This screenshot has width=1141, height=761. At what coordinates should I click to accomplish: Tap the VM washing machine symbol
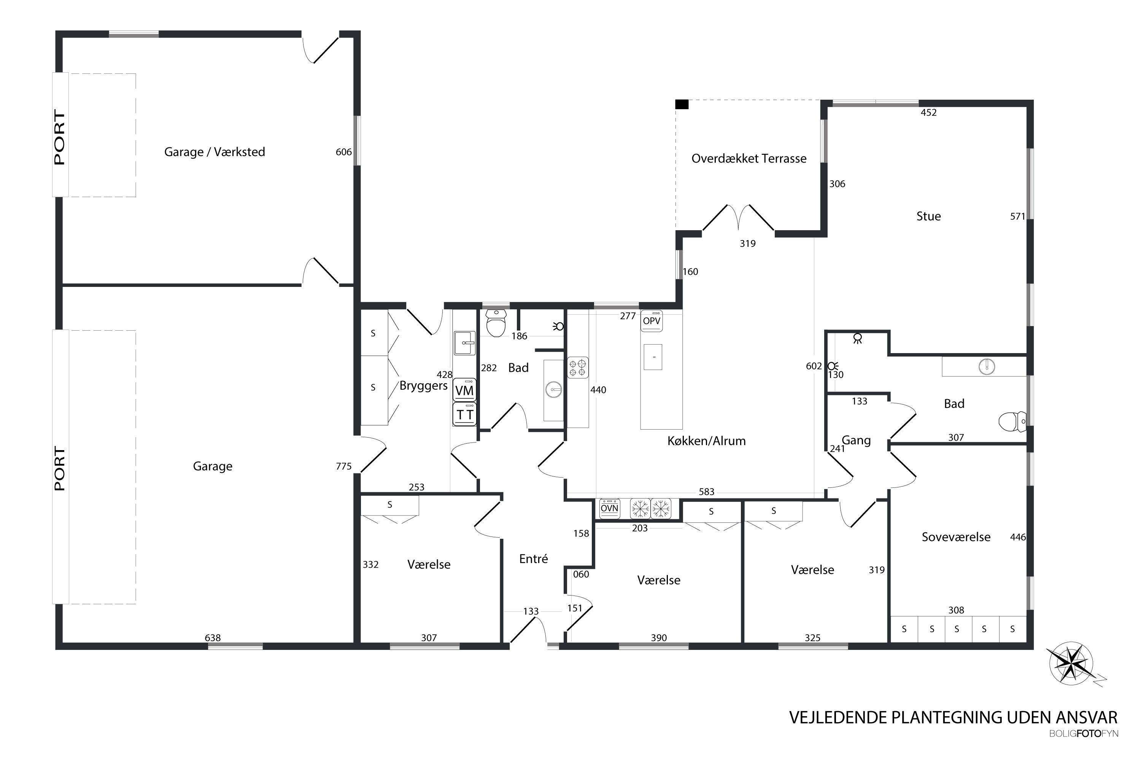click(x=464, y=390)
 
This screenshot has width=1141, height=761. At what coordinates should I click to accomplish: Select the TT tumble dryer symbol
click(x=464, y=414)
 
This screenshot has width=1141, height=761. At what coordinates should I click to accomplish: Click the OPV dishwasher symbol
click(x=652, y=321)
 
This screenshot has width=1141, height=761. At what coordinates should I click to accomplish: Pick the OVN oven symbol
click(x=609, y=508)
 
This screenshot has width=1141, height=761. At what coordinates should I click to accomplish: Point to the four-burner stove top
click(x=578, y=368)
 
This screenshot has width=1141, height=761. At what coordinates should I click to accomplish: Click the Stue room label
click(x=928, y=217)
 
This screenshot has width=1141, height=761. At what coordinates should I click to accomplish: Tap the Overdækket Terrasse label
click(x=748, y=159)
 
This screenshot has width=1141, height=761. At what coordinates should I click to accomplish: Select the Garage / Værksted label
click(x=215, y=152)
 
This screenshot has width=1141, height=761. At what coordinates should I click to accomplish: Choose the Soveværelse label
click(x=956, y=537)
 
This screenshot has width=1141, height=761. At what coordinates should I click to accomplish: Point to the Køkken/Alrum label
click(x=706, y=441)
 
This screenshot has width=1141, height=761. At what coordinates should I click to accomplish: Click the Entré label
click(x=533, y=559)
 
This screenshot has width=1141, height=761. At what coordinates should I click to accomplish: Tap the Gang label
click(x=856, y=441)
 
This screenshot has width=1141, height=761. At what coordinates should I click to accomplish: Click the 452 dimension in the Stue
click(x=928, y=113)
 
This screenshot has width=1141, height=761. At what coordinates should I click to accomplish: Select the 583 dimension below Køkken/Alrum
click(x=706, y=492)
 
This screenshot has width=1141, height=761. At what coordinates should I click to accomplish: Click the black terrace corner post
click(x=682, y=104)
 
